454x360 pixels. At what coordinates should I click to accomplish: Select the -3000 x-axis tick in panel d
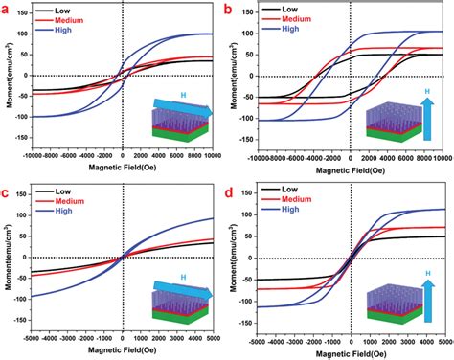[294, 340]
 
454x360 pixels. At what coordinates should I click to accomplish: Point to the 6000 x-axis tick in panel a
[179, 156]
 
